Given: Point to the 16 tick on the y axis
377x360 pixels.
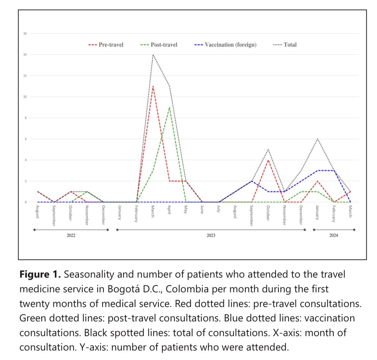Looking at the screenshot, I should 25,33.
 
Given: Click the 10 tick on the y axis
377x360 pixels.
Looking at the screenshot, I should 25,97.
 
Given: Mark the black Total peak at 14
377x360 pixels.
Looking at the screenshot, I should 153,55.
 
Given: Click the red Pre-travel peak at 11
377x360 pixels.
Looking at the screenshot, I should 153,86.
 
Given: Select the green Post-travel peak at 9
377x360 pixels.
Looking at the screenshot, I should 169,107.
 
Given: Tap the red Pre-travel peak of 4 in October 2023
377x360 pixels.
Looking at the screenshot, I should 268,160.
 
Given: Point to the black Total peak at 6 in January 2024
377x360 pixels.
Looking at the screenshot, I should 317,139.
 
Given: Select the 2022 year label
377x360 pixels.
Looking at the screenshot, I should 71,236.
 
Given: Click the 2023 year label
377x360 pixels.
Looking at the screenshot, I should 211,236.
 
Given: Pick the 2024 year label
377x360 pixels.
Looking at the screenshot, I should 334,236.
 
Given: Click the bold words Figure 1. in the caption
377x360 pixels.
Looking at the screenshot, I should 40,275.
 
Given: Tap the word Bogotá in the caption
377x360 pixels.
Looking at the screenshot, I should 124,289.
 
